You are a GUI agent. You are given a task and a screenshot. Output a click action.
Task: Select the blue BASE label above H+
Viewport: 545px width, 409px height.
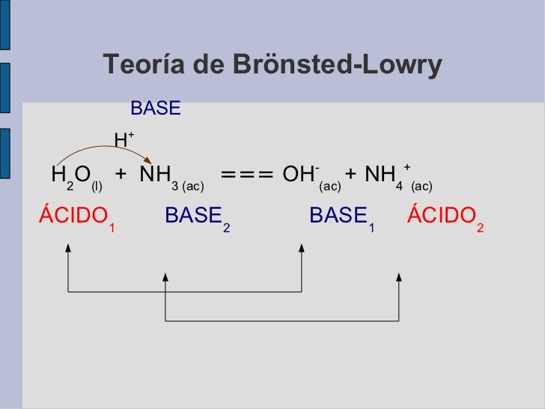point(156,109)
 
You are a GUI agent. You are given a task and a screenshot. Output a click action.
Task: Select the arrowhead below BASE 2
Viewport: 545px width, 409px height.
point(165,278)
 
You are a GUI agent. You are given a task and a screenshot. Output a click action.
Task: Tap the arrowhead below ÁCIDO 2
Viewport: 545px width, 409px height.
point(399,277)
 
